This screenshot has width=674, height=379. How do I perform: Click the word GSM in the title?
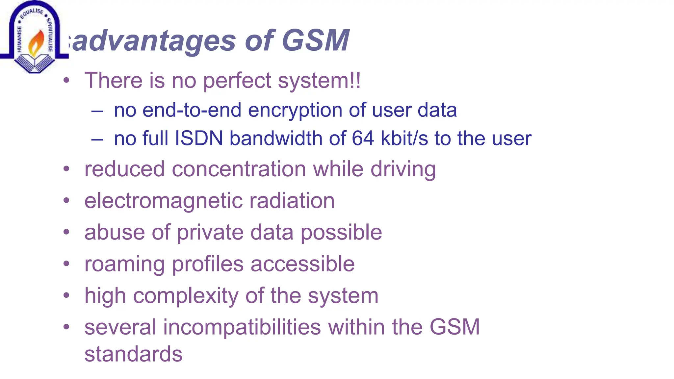point(315,41)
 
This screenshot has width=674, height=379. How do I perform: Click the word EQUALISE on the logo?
point(32,13)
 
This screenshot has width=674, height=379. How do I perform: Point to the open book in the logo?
point(34,62)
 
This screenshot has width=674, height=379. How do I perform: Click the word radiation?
point(292,201)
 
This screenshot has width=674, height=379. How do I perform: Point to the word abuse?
point(114,232)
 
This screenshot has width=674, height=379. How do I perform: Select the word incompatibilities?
point(242,327)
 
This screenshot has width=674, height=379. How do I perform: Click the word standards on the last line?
point(133,354)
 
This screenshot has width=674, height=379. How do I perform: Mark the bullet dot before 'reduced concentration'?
point(67,169)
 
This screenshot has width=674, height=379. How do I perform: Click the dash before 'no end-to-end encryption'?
point(97,111)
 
